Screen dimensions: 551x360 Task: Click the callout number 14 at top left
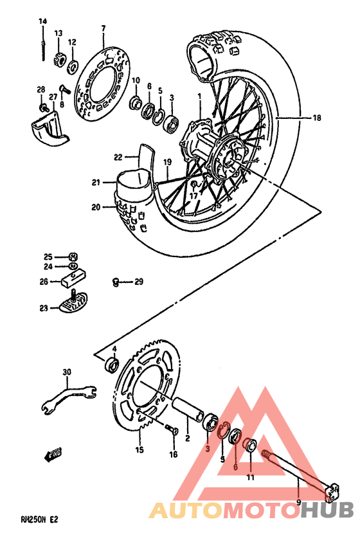(42, 22)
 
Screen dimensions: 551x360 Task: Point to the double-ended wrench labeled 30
(67, 396)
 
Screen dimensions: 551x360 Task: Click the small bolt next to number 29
(116, 281)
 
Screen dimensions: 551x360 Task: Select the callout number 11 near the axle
(251, 478)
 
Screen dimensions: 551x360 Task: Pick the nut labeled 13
(58, 59)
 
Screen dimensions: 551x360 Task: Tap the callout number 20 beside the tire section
(96, 208)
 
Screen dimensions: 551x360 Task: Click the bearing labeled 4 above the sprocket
(112, 365)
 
